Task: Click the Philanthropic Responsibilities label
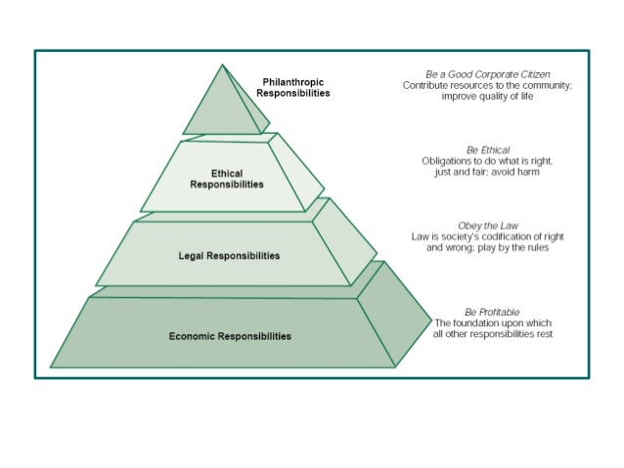click(x=293, y=87)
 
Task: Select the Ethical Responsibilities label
click(x=226, y=179)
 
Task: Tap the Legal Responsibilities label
click(x=230, y=256)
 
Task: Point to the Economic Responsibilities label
click(x=230, y=336)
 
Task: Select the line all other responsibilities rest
click(x=494, y=334)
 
